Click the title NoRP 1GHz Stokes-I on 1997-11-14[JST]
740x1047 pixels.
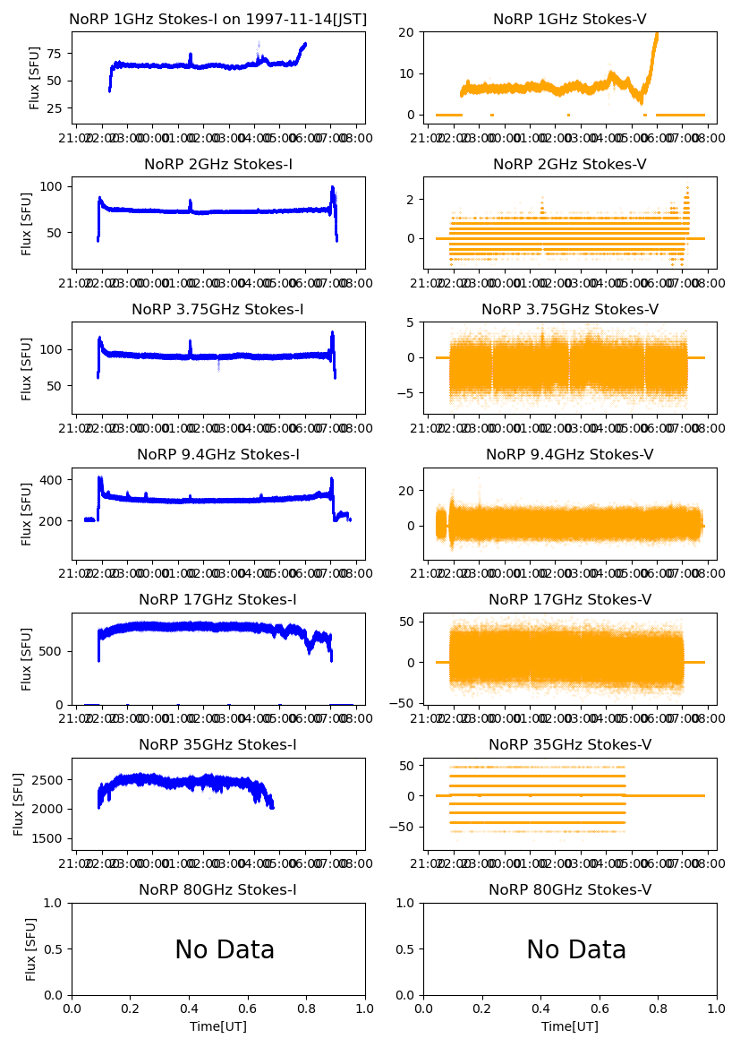click(217, 19)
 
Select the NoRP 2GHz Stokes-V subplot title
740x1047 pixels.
click(570, 164)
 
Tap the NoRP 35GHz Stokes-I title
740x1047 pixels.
click(217, 744)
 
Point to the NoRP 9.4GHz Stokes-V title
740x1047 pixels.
click(570, 454)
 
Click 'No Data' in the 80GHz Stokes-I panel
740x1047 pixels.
click(225, 949)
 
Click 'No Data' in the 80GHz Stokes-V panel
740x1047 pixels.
click(576, 949)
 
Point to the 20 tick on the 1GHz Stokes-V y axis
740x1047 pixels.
click(410, 32)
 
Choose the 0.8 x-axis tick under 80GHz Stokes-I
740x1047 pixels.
click(306, 1008)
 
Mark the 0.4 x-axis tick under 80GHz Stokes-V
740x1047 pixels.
click(541, 1008)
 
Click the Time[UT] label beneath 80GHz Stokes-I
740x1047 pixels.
click(217, 1026)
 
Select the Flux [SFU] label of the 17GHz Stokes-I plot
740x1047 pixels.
click(28, 658)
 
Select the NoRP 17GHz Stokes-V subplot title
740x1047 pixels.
click(570, 599)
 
